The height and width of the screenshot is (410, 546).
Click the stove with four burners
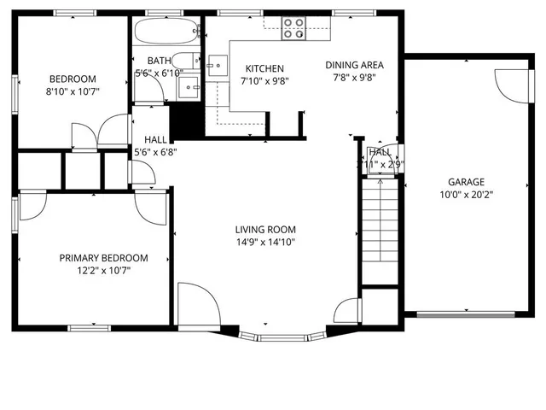293,29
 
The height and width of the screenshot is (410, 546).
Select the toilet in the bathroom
193,61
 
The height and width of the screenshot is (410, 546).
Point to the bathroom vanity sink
190,87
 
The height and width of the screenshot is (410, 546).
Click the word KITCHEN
264,69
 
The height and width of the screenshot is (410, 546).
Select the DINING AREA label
355,65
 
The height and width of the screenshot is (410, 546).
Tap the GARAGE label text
466,182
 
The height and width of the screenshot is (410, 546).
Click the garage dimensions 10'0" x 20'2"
466,194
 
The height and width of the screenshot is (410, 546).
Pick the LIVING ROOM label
266,230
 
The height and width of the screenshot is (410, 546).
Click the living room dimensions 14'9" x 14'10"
266,242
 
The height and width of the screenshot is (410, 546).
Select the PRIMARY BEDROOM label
103,258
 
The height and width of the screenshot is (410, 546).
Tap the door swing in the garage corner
507,84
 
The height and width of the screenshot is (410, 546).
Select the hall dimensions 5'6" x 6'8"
155,152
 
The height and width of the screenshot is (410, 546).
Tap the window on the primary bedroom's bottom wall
89,327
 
